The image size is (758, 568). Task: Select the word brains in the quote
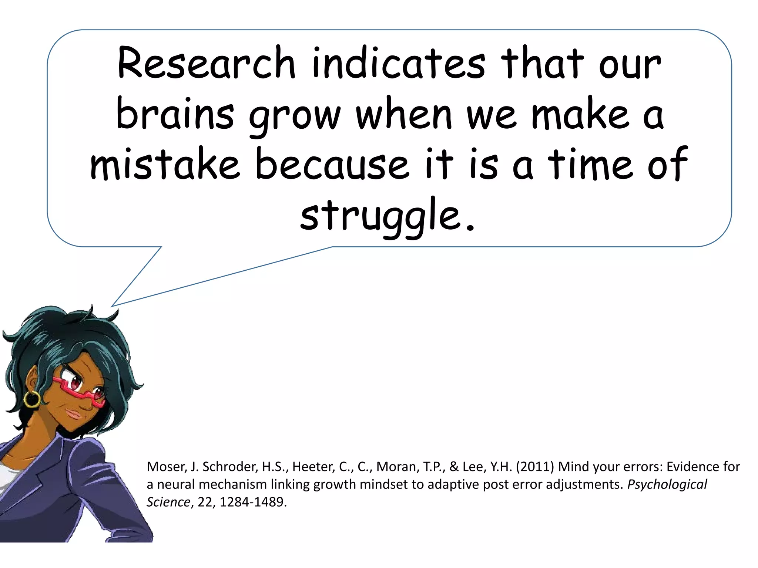(x=175, y=115)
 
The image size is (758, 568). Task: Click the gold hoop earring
(x=32, y=399)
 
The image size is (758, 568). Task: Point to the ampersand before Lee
(x=454, y=467)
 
